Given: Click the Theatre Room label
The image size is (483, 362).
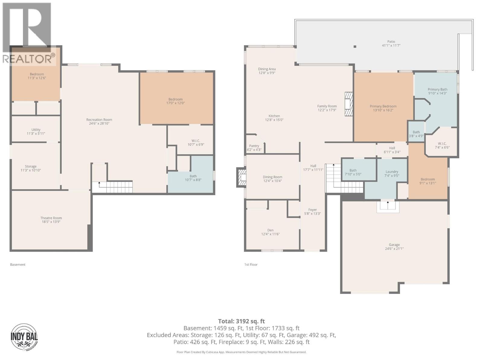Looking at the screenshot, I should pyautogui.click(x=51, y=218).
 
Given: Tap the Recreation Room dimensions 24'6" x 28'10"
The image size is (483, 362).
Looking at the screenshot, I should pyautogui.click(x=99, y=124).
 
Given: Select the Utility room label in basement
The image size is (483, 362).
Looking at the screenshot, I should pyautogui.click(x=36, y=130).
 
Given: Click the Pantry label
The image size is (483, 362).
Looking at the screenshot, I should pyautogui.click(x=254, y=146).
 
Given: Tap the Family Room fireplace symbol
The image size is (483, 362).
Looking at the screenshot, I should pyautogui.click(x=349, y=104).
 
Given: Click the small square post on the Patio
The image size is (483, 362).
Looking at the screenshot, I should pyautogui.click(x=355, y=46).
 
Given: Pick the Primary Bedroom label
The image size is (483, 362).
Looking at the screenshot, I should pyautogui.click(x=383, y=106).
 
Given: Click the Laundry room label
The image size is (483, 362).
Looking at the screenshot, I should pyautogui.click(x=392, y=172).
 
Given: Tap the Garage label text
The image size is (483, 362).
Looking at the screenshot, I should pyautogui.click(x=394, y=245).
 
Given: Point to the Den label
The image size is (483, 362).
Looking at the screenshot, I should pyautogui.click(x=270, y=230).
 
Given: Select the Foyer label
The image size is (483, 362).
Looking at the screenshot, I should pyautogui.click(x=312, y=210).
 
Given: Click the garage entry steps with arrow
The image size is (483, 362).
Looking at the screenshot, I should pyautogui.click(x=388, y=206).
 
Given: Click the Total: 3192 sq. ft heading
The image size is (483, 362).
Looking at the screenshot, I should pyautogui.click(x=241, y=321).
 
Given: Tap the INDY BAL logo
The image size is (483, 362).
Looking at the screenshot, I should pyautogui.click(x=24, y=336).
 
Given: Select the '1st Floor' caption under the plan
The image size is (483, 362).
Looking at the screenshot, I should pyautogui.click(x=251, y=265).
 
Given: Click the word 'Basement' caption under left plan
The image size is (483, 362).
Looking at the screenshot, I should pyautogui.click(x=18, y=265).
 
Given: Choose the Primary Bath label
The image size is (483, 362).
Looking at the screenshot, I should pyautogui.click(x=437, y=89).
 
